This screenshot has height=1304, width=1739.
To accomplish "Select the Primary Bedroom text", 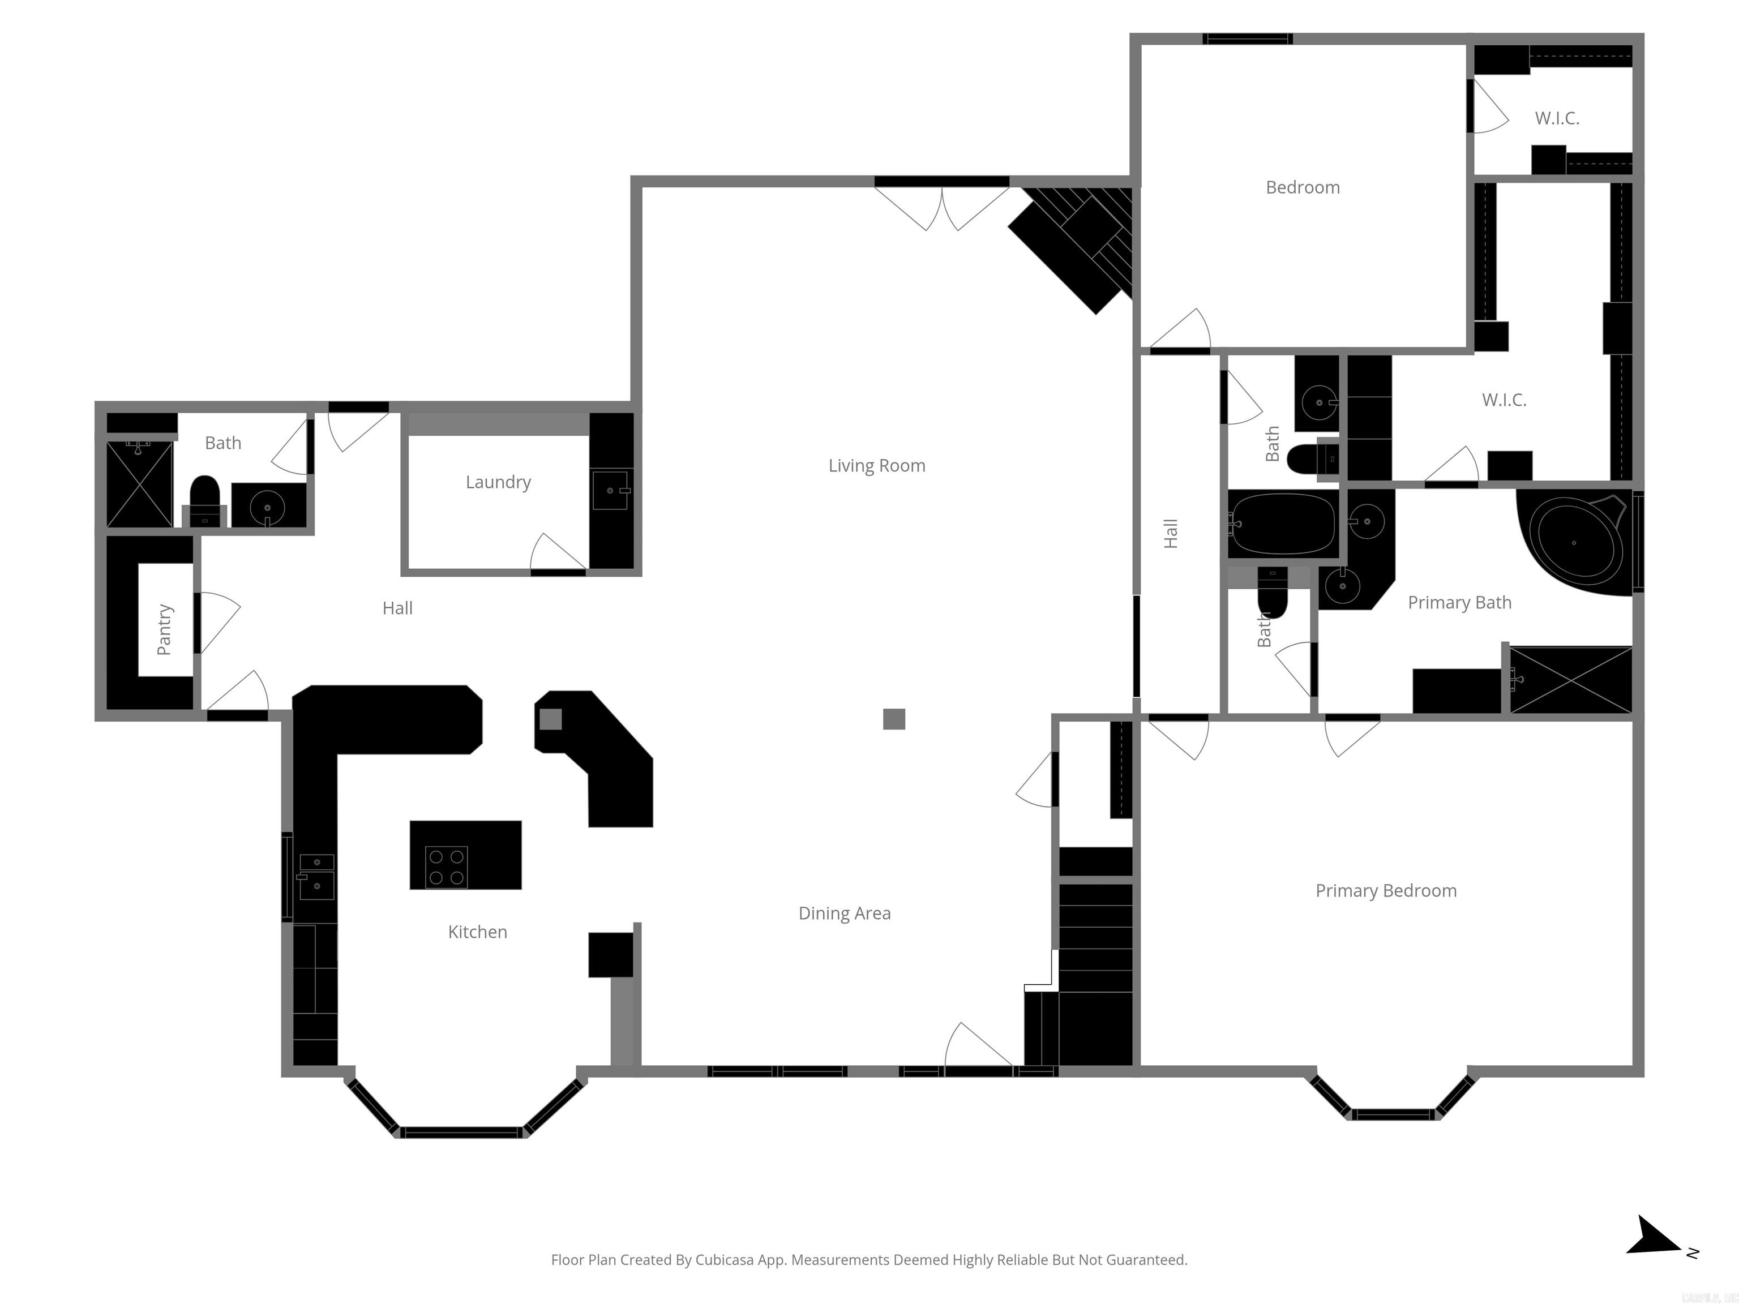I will click(1386, 890).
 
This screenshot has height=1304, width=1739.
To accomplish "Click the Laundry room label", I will click(498, 482).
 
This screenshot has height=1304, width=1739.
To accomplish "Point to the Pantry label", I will click(164, 629).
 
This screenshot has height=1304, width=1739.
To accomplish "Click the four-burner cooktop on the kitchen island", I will click(447, 867).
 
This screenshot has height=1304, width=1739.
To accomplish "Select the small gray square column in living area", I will click(894, 719).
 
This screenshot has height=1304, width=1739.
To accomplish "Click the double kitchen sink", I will click(317, 876).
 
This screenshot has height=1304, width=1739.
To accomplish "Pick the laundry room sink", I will click(611, 491).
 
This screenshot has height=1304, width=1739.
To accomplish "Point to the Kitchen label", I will click(477, 932).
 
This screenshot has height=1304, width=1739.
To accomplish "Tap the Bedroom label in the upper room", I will click(1303, 187).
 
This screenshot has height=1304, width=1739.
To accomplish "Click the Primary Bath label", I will click(1459, 602).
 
